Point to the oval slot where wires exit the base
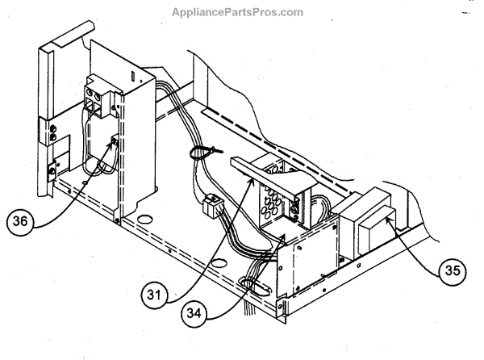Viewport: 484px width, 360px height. (x=249, y=283)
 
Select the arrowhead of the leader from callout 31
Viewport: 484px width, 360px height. (x=247, y=184)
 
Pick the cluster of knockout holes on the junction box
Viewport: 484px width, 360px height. (x=271, y=197)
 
